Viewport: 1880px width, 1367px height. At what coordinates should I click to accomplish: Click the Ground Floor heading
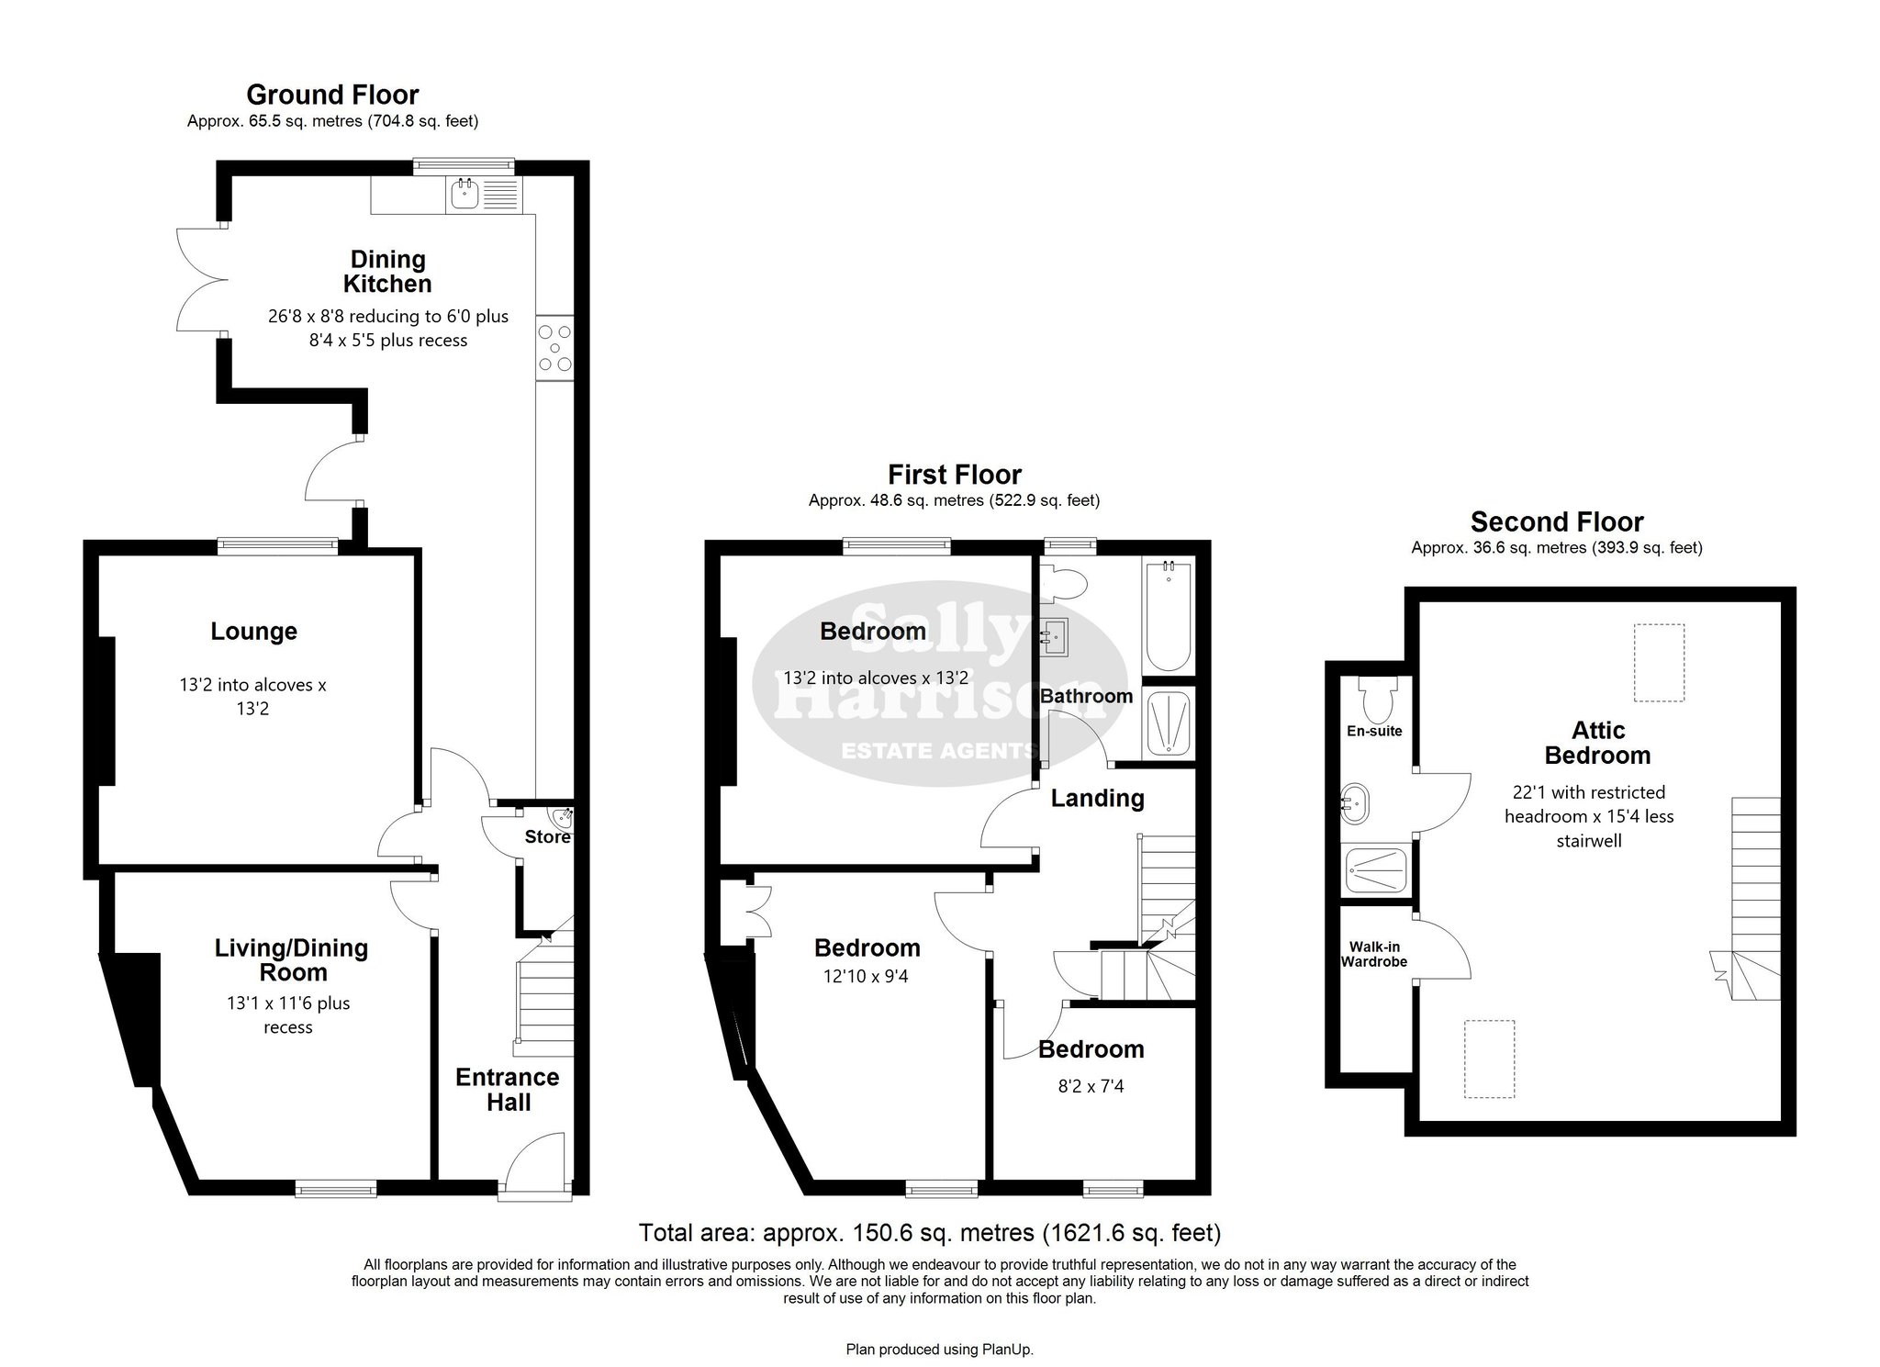coord(332,95)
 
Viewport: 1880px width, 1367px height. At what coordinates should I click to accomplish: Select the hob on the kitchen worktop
coord(554,346)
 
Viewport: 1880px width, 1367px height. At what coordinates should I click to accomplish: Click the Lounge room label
coord(254,632)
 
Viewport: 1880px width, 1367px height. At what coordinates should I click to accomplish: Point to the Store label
coord(547,837)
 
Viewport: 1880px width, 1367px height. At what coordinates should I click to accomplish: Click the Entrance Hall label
coord(508,1090)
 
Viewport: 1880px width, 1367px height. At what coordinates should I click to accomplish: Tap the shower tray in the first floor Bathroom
coord(1168,724)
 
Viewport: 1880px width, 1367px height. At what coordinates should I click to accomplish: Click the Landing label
coord(1097,799)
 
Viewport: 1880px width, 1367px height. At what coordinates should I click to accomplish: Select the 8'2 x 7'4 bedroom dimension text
coord(1091,1087)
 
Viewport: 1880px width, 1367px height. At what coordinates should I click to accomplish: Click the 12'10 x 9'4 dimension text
coord(866,977)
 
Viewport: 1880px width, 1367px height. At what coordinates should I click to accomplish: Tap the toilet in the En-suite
coord(1378,700)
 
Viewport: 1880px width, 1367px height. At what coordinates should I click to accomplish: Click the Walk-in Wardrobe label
coord(1374,955)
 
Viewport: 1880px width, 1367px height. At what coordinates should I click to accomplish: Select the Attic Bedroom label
coord(1598,743)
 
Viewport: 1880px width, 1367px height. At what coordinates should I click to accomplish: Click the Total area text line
coord(929,1232)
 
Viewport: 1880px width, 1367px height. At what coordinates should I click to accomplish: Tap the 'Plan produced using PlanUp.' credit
coord(939,1350)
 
